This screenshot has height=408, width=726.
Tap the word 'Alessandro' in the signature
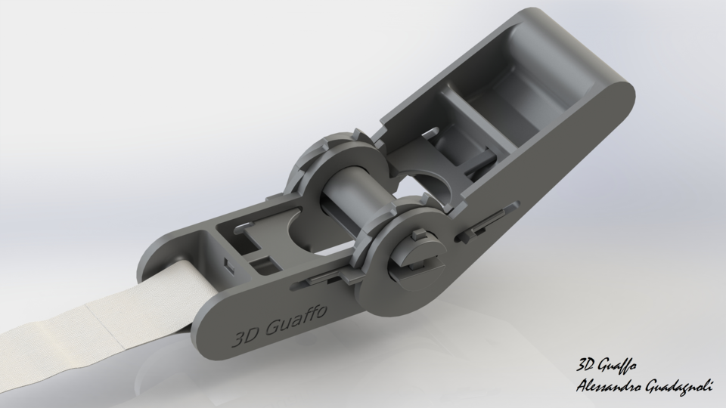(609, 386)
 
